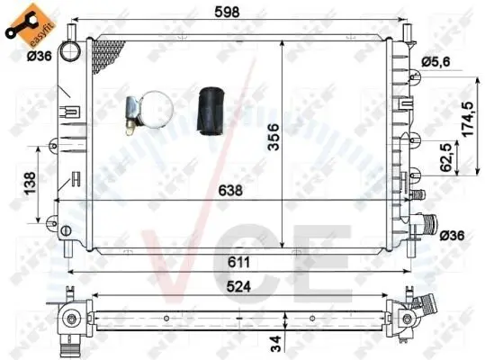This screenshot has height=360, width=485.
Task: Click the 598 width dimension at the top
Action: coord(227,12)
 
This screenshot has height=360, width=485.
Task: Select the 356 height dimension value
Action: coord(274,137)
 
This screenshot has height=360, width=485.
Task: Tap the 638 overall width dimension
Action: coord(230,190)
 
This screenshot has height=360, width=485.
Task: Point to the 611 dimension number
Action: coord(238,263)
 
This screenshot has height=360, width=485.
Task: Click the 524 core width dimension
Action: coord(238,287)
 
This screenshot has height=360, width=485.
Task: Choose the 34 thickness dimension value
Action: coord(275,343)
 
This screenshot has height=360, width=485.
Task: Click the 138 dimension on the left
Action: coord(30,183)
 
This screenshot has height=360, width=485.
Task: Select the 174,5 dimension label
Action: coord(468,119)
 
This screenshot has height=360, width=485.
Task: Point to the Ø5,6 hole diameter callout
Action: coord(436,62)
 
